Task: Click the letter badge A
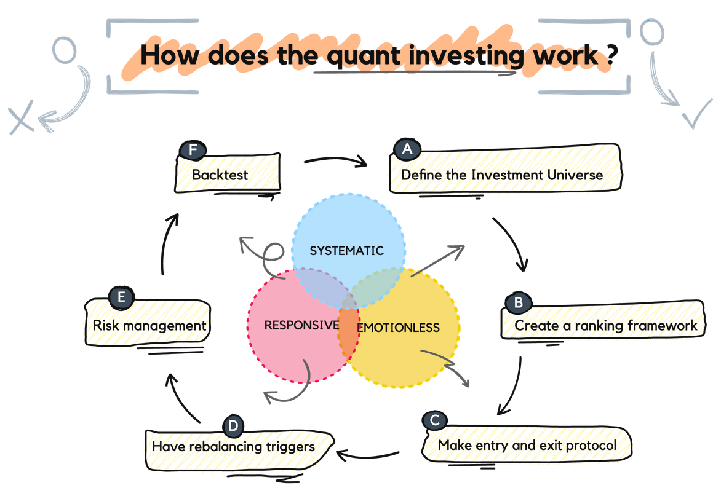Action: pyautogui.click(x=406, y=149)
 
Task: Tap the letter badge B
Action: pyautogui.click(x=518, y=302)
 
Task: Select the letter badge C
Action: pyautogui.click(x=434, y=420)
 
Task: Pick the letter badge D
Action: pyautogui.click(x=233, y=425)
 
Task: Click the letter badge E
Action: pyautogui.click(x=121, y=297)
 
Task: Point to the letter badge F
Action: pyautogui.click(x=193, y=149)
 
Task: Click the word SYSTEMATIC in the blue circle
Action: pyautogui.click(x=346, y=251)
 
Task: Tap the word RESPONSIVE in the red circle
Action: pyautogui.click(x=301, y=325)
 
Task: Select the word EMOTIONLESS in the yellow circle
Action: pyautogui.click(x=399, y=327)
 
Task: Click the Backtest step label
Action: pyautogui.click(x=220, y=175)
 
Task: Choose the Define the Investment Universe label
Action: pyautogui.click(x=501, y=175)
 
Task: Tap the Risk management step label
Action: pyautogui.click(x=148, y=324)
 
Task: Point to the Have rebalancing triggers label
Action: pyautogui.click(x=234, y=446)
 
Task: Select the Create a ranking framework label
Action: pyautogui.click(x=606, y=325)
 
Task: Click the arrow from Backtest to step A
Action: pyautogui.click(x=335, y=162)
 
